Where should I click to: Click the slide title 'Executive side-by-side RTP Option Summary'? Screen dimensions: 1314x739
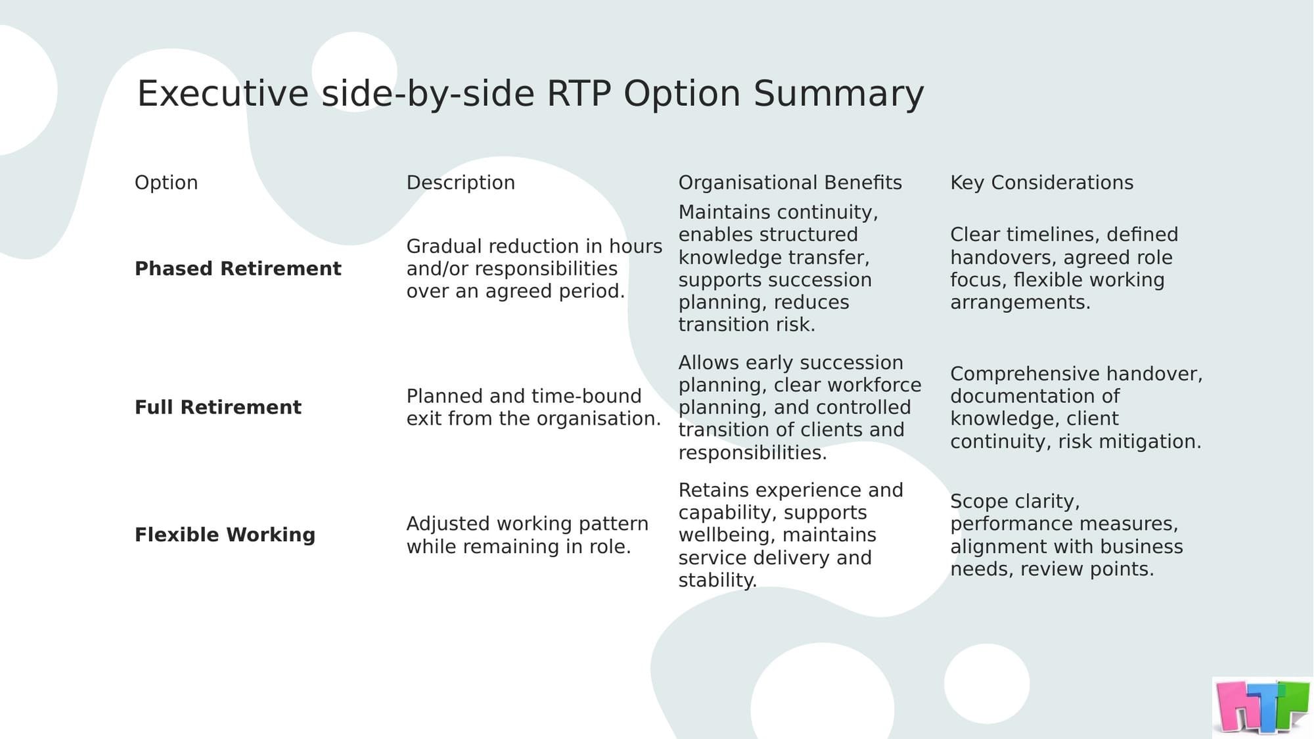click(530, 94)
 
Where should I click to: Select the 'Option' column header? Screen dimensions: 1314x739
click(166, 183)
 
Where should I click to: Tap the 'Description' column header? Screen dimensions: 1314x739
click(461, 183)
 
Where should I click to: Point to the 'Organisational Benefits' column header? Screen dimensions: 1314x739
click(790, 183)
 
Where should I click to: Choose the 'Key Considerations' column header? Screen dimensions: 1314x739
click(1041, 183)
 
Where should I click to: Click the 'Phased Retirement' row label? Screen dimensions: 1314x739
click(238, 269)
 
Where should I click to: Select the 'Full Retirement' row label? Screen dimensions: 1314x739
click(218, 408)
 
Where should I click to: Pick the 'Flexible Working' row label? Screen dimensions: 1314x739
click(225, 535)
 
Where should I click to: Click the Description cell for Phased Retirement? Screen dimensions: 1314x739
click(534, 269)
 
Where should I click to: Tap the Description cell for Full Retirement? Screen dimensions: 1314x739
click(533, 408)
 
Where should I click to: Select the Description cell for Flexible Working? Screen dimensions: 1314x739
click(527, 535)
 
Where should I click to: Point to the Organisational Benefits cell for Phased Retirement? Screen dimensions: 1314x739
click(778, 269)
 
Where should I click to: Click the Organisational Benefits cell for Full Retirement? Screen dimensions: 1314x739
click(800, 408)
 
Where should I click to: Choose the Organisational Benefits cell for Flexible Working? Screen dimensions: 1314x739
click(790, 535)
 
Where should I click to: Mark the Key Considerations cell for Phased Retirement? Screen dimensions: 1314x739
click(1064, 269)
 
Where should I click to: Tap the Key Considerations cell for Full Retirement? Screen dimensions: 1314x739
click(1076, 408)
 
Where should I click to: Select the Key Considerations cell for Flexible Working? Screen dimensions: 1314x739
click(1066, 535)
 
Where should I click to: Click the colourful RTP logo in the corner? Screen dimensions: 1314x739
click(1262, 707)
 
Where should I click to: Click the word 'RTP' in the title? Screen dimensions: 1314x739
click(578, 94)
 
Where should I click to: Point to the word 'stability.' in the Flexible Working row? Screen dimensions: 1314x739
click(717, 581)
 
